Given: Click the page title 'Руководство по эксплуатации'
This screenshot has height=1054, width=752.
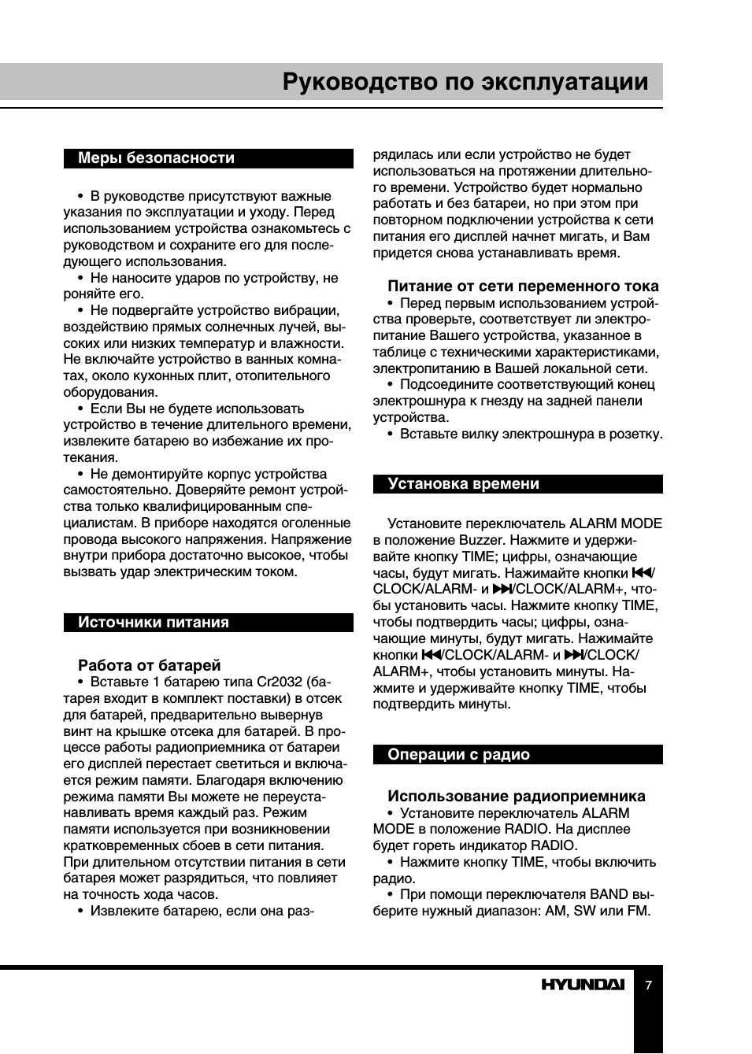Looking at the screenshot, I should [465, 83].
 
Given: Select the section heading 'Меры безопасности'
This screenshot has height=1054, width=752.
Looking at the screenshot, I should [156, 158].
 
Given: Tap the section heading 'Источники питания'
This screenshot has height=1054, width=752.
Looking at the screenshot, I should [153, 623].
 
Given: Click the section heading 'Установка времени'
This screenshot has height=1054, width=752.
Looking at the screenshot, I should [463, 484].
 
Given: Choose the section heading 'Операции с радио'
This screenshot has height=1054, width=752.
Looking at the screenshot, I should [458, 755].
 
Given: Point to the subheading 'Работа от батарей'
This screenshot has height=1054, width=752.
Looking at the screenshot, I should [149, 665].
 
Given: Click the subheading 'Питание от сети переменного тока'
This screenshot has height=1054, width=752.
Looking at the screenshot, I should [523, 287].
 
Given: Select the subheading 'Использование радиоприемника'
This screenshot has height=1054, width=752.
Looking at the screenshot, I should [516, 796].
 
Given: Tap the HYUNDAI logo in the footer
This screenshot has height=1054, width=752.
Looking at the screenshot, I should [582, 985].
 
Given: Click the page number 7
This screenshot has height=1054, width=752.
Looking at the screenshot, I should [648, 985].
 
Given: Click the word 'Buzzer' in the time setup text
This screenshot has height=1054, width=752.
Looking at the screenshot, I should [480, 540].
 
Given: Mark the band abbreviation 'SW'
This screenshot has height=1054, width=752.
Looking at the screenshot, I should [584, 911].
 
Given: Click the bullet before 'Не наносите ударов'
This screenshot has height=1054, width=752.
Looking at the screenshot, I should [80, 278].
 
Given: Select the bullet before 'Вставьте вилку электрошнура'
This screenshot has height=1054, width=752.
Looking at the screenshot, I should [390, 434].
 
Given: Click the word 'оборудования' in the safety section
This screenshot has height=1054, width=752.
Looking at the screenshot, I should [110, 392].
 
